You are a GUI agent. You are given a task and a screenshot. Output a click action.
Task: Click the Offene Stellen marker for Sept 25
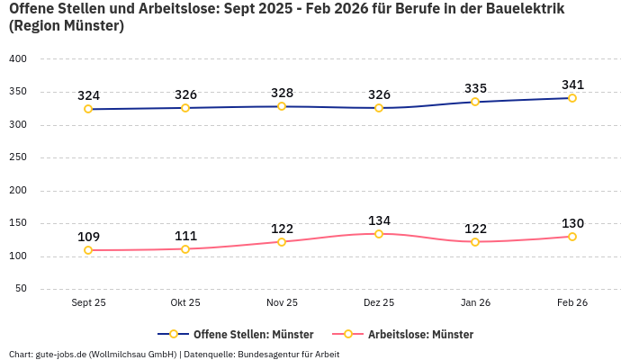[x=88, y=109]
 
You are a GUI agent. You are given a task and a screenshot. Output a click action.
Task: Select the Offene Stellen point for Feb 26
[x=571, y=98]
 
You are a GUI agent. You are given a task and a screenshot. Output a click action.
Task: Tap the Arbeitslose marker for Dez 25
[x=378, y=234]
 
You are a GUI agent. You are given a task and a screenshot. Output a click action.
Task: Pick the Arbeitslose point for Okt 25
[x=185, y=249]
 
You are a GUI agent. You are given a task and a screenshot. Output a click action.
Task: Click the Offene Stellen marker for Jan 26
[x=475, y=102]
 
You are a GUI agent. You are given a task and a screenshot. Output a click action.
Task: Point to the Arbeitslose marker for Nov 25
[x=282, y=242]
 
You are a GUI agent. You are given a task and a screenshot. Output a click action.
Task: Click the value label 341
[x=572, y=85]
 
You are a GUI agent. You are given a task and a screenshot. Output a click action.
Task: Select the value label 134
[x=379, y=220]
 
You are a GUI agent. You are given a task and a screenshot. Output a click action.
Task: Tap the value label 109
[x=88, y=237]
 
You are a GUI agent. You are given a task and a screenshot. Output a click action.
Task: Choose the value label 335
[x=475, y=88]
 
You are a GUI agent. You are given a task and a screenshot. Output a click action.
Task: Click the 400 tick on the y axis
[x=18, y=58]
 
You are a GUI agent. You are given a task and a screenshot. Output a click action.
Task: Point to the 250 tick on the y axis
[x=18, y=157]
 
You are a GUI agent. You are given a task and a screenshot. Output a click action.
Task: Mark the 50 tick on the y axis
[x=21, y=289]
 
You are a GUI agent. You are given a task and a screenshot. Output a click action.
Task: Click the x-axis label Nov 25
[x=282, y=303]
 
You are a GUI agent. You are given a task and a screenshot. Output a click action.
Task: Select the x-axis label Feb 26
[x=571, y=303]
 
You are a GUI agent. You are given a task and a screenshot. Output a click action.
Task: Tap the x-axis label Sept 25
[x=88, y=303]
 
